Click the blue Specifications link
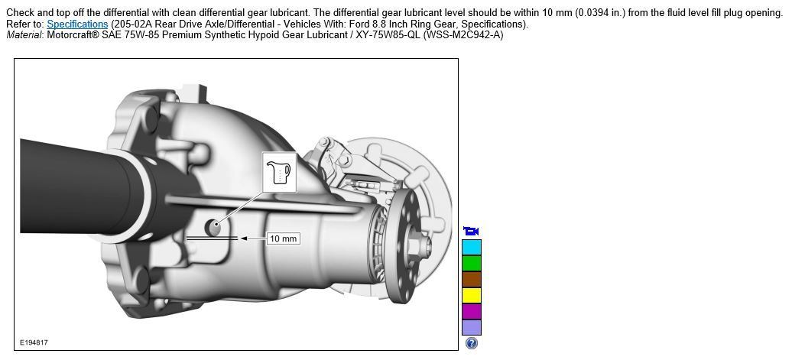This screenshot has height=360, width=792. click(x=77, y=24)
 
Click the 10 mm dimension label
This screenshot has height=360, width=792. click(x=283, y=238)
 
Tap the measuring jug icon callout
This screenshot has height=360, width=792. click(x=279, y=172)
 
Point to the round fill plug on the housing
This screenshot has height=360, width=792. click(x=214, y=227)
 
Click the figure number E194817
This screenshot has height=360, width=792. click(x=34, y=343)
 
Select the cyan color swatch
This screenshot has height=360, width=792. click(x=471, y=247)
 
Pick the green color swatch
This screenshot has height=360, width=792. click(x=471, y=263)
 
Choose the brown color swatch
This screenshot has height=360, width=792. click(x=471, y=279)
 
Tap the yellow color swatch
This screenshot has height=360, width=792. click(x=471, y=295)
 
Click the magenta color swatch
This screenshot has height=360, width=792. click(x=471, y=311)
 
